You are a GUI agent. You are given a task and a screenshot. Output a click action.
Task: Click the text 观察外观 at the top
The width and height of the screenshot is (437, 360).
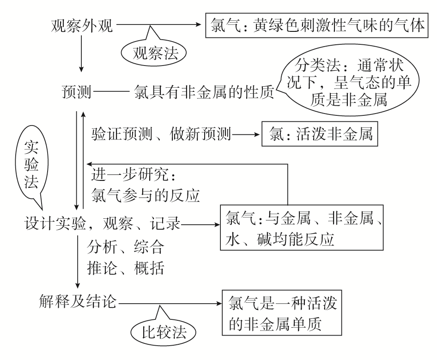(x=81, y=24)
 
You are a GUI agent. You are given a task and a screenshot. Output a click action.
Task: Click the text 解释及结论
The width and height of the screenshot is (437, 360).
(x=78, y=303)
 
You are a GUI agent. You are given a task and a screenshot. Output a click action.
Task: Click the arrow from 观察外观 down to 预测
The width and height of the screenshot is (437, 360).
(x=81, y=53)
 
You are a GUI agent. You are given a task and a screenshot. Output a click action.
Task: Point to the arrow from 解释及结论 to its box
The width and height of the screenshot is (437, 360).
(x=169, y=304)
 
